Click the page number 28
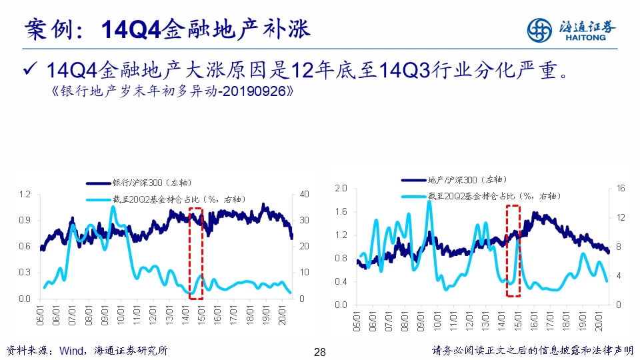[319, 352]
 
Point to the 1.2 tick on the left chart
[25, 194]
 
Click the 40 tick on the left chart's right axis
[305, 194]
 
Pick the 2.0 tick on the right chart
[341, 189]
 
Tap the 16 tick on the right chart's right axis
[620, 189]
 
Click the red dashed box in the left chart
[196, 252]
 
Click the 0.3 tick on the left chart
[25, 273]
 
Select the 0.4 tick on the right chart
[341, 281]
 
